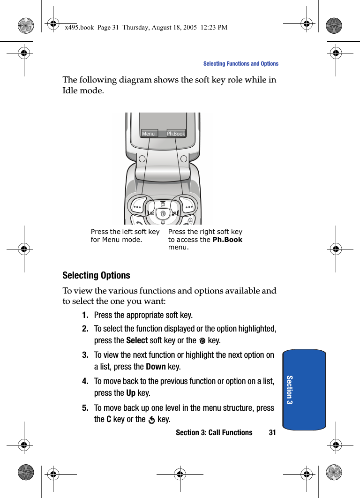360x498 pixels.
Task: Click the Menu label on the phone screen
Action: click(x=149, y=134)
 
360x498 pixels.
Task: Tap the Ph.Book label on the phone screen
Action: click(x=176, y=134)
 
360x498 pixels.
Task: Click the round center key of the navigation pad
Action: click(x=163, y=214)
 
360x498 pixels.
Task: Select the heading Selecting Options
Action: click(x=96, y=275)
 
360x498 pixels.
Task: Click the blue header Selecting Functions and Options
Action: click(x=240, y=64)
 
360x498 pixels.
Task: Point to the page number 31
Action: click(x=272, y=432)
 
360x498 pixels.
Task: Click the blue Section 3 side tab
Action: click(x=304, y=389)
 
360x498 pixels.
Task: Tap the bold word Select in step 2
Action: click(x=137, y=340)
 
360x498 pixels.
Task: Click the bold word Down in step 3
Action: click(x=156, y=367)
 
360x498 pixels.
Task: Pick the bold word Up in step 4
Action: click(x=131, y=393)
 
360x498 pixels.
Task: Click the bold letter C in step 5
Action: click(x=109, y=419)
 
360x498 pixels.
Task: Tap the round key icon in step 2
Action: click(x=202, y=341)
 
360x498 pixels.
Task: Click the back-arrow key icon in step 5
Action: click(x=151, y=420)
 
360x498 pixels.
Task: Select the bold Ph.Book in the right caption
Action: click(x=227, y=240)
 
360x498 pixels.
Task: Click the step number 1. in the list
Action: click(x=85, y=315)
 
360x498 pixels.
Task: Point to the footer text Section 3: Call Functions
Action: click(x=214, y=432)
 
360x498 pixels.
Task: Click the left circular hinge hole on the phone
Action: click(x=142, y=158)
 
